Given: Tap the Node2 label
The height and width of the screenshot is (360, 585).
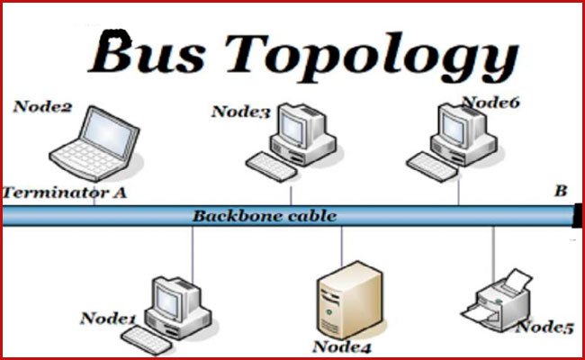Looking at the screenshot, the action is [41, 107].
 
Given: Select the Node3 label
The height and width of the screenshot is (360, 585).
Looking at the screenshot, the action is [240, 112].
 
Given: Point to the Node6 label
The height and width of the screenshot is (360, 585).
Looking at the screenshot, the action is [490, 103].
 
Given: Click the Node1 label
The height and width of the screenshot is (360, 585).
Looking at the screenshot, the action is [107, 318].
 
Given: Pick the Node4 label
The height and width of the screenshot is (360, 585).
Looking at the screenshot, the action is [342, 346].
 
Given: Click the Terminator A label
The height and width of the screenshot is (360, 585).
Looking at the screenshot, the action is [65, 192].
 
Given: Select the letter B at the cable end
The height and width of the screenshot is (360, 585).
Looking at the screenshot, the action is [561, 191].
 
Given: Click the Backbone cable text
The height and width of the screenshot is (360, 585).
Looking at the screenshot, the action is [264, 216].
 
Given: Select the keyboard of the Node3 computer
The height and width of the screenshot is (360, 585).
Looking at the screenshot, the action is [270, 164].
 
